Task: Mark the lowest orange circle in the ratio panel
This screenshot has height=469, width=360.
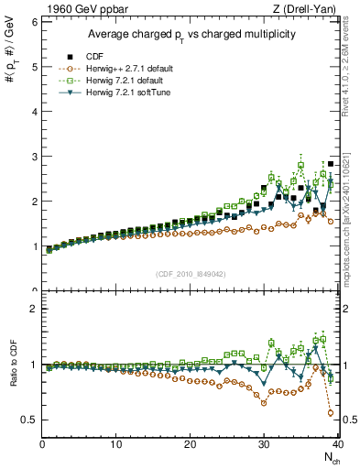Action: pos(331,413)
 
